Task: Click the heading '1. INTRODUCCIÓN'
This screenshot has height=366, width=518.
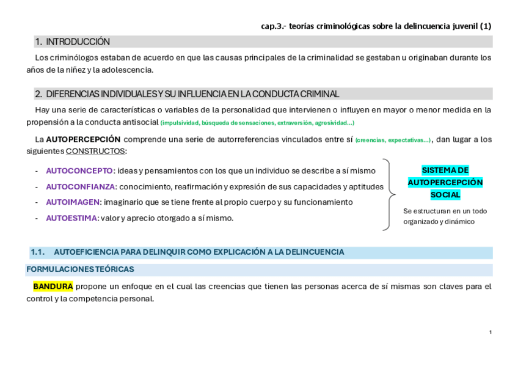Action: [72, 42]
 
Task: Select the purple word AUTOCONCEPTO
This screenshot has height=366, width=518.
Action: [79, 170]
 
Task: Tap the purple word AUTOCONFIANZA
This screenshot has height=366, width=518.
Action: [80, 186]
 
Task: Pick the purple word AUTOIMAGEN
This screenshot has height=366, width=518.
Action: [72, 202]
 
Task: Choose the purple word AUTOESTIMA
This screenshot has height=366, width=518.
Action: [71, 218]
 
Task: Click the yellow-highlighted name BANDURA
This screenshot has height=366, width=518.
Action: [53, 286]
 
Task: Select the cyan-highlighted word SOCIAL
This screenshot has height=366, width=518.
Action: [445, 195]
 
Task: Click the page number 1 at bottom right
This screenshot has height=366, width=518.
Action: [490, 332]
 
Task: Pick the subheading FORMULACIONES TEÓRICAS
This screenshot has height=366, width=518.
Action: [80, 269]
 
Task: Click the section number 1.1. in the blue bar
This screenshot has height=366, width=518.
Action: [38, 252]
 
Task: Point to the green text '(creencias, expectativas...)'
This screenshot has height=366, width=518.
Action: [393, 140]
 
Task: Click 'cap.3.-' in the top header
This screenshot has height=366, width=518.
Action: [272, 26]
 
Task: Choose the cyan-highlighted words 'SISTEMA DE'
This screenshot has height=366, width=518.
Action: [445, 170]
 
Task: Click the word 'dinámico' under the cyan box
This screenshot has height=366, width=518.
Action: [461, 221]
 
